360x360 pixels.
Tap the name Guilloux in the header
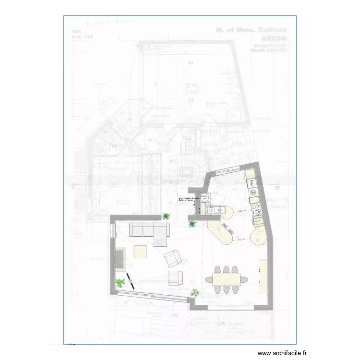(272, 30)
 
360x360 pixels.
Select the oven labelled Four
(250, 183)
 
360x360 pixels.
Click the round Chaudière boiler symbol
(204, 198)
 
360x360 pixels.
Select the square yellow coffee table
(141, 252)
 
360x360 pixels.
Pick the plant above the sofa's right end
(166, 216)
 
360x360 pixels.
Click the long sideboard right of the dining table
(264, 276)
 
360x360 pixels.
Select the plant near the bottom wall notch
(195, 292)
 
